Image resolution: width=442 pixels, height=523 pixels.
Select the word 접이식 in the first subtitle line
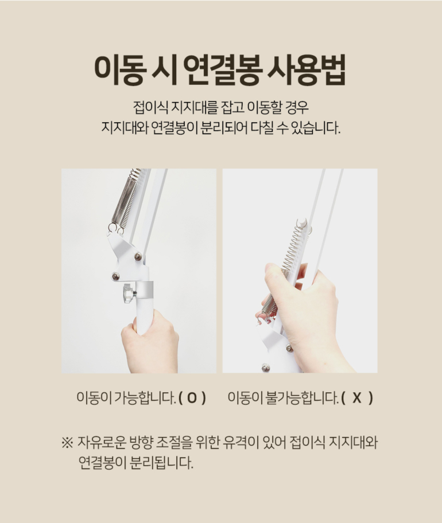click(150, 107)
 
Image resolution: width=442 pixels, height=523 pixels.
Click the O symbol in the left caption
click(192, 397)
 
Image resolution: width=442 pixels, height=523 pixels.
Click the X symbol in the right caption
click(356, 397)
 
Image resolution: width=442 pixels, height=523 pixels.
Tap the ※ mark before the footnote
click(67, 443)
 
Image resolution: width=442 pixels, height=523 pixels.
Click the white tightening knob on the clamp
click(127, 294)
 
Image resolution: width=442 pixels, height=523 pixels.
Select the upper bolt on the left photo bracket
click(138, 256)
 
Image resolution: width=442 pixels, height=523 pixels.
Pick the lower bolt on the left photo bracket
click(115, 276)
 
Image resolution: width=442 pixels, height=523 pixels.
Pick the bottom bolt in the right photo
click(265, 368)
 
